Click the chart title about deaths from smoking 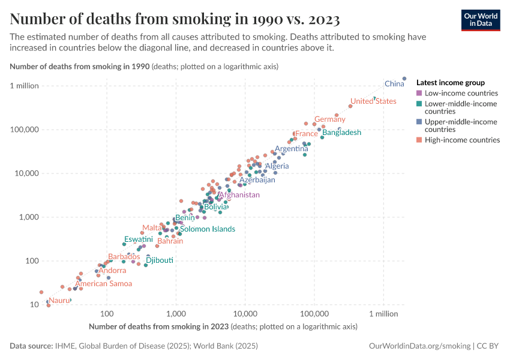(175, 19)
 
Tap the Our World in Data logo (480, 20)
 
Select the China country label (394, 84)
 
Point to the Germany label (330, 119)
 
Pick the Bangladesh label (341, 133)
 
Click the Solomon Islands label (207, 229)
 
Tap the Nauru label (59, 300)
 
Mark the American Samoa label (103, 284)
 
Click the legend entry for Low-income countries (461, 94)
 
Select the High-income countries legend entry (462, 140)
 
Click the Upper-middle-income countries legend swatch (419, 122)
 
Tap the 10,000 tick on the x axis (245, 314)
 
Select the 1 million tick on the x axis (383, 314)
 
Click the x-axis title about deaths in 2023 (223, 327)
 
